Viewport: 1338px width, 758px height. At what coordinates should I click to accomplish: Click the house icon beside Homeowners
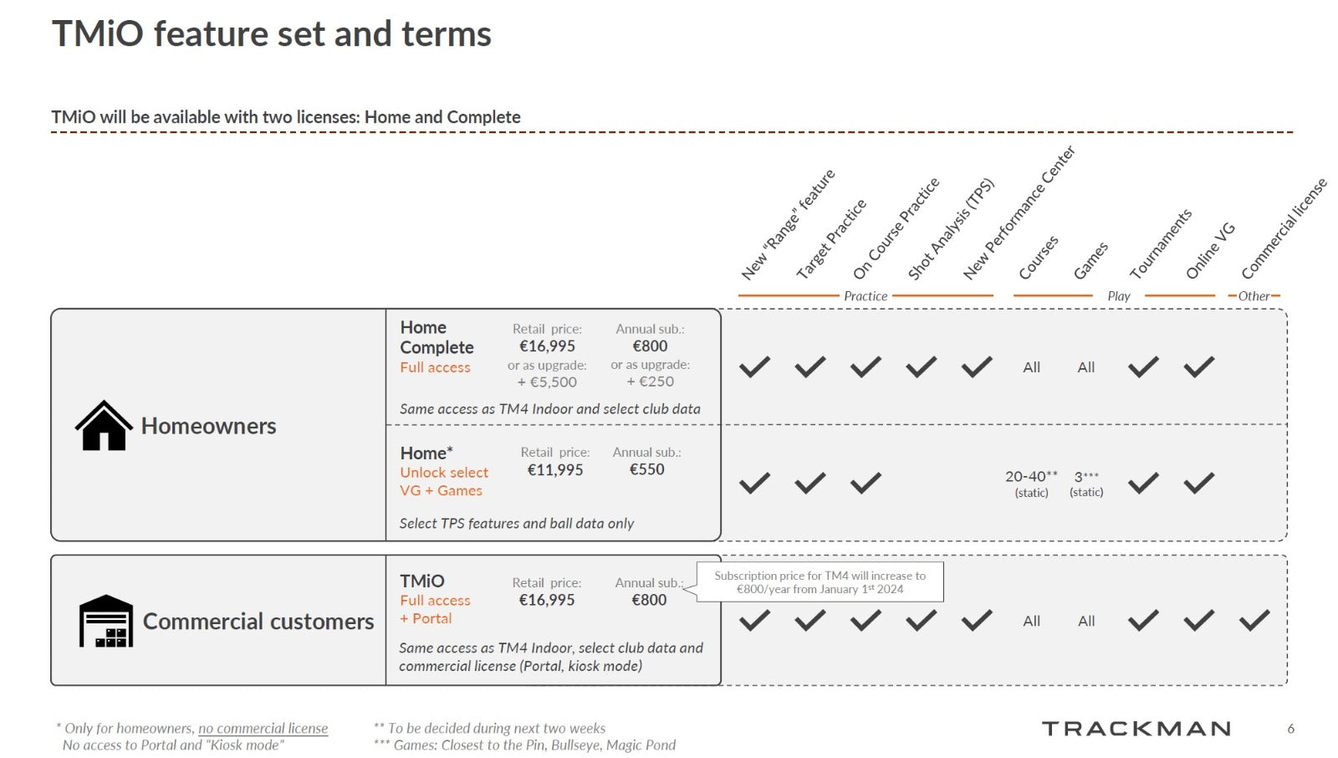click(x=104, y=426)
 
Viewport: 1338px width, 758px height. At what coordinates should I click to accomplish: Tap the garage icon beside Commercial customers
click(x=106, y=621)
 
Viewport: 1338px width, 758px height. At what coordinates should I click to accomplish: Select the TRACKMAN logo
click(x=1136, y=729)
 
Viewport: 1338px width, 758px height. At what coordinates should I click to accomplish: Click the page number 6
click(x=1290, y=729)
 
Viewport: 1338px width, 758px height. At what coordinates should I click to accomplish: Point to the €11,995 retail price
click(x=554, y=470)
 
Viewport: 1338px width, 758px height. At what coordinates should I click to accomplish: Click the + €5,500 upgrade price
click(x=547, y=382)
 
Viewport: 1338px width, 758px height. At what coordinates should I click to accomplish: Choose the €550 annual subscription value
click(x=646, y=470)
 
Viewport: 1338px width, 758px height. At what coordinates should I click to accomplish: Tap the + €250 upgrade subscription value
click(x=650, y=382)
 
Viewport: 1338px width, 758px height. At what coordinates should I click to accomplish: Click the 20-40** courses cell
click(x=1031, y=477)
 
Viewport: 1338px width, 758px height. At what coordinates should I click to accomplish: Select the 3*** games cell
click(x=1085, y=477)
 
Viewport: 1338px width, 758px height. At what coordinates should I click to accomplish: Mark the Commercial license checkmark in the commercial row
click(x=1254, y=621)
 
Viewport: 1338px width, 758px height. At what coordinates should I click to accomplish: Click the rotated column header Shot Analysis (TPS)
click(x=950, y=230)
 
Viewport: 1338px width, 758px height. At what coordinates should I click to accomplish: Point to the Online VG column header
click(x=1209, y=251)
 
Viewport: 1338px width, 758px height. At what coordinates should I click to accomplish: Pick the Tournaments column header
click(x=1160, y=244)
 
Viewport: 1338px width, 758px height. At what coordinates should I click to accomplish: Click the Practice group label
click(x=866, y=296)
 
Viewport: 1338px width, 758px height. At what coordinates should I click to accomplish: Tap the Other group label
click(x=1254, y=296)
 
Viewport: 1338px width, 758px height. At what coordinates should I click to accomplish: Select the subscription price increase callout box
click(x=820, y=581)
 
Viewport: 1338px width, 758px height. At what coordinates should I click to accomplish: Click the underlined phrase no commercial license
click(x=263, y=729)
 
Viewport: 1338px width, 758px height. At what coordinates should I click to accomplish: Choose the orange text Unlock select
click(x=444, y=473)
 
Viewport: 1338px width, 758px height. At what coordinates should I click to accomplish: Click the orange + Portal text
click(x=426, y=618)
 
